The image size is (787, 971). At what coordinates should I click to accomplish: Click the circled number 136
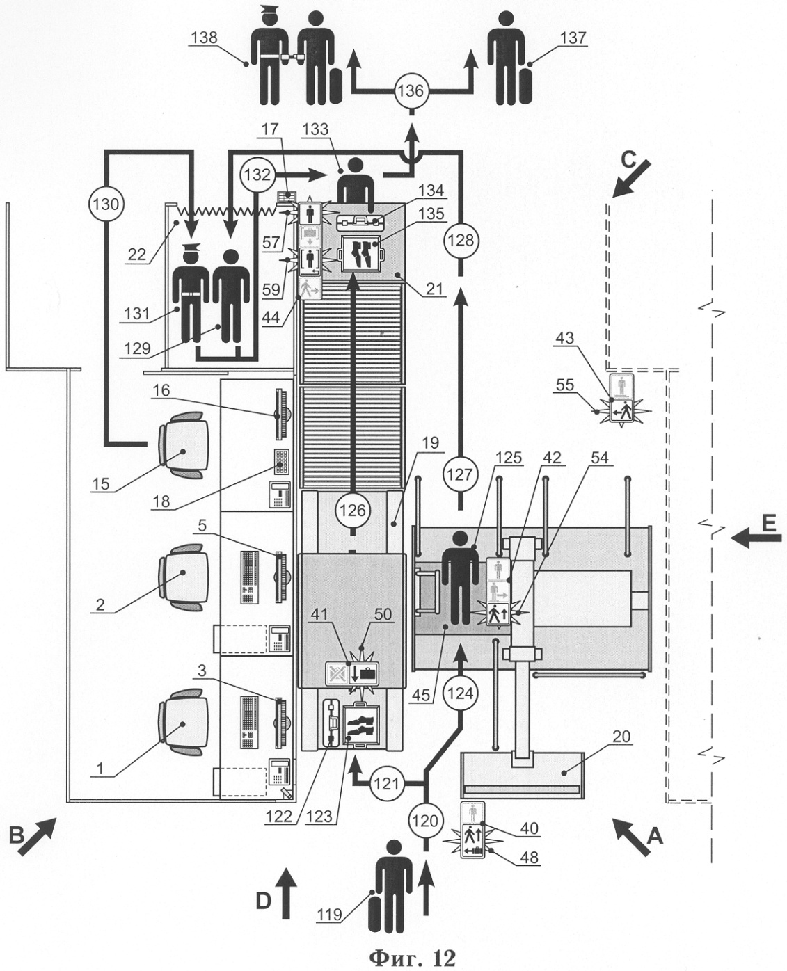pos(411,90)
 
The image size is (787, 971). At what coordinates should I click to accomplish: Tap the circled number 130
pos(106,204)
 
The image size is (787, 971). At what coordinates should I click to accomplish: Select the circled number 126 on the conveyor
pos(353,510)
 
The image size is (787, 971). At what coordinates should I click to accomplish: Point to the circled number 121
pos(386,784)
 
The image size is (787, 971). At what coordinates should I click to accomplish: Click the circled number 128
pos(461,240)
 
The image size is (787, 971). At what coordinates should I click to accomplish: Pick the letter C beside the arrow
pos(629,159)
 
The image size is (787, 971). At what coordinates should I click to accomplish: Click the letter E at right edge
pos(769,524)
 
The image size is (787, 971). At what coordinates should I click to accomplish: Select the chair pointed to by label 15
pos(183,444)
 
